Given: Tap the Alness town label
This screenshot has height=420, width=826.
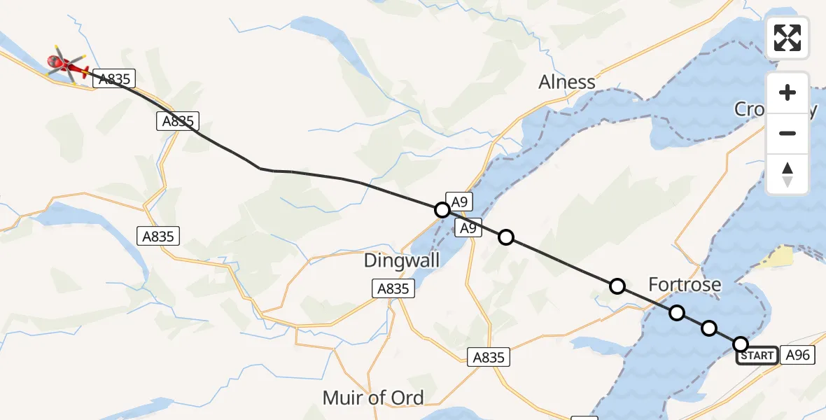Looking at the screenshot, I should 567,82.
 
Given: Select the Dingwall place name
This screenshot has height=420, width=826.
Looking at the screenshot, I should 402,261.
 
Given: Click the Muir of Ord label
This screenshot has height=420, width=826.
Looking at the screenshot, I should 373,398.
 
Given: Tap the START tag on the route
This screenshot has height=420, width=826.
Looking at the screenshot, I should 757,356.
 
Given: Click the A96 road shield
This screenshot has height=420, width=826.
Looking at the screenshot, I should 797,356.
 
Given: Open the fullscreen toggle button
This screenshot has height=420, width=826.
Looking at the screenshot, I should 787,38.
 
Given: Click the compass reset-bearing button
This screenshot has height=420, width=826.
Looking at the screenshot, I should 787,174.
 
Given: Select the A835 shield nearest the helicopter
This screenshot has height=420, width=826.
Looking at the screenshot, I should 114,79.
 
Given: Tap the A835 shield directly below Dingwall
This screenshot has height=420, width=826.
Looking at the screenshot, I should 394,288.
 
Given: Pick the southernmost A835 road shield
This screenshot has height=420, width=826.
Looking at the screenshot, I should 489,357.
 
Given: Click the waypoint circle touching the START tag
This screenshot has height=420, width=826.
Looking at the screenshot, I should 741,344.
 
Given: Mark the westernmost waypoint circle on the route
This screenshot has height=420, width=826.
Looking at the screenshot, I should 442,209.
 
